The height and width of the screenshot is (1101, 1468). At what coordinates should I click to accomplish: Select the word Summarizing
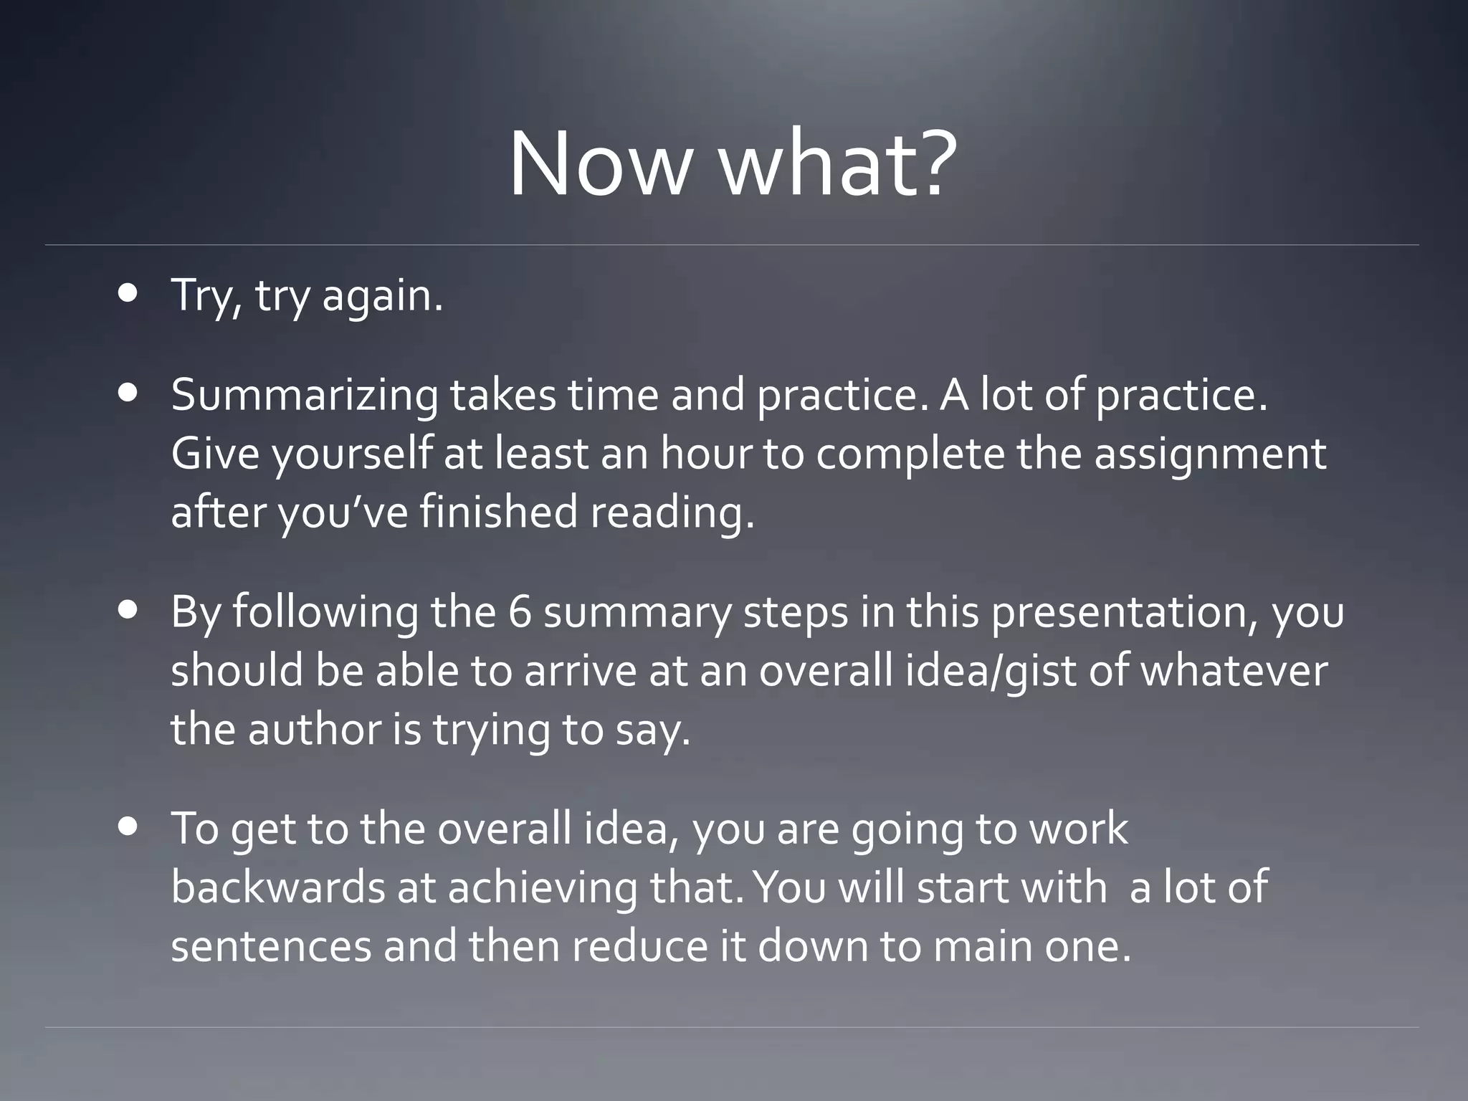coord(304,396)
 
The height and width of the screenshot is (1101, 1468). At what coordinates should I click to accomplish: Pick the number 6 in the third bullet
coord(520,612)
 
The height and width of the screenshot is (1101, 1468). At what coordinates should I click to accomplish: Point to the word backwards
coord(278,887)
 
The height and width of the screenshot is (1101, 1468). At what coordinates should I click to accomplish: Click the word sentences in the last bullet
coord(271,946)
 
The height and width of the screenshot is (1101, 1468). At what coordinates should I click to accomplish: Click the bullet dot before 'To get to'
coord(129,826)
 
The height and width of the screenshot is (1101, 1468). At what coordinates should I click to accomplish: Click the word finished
coord(498,513)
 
